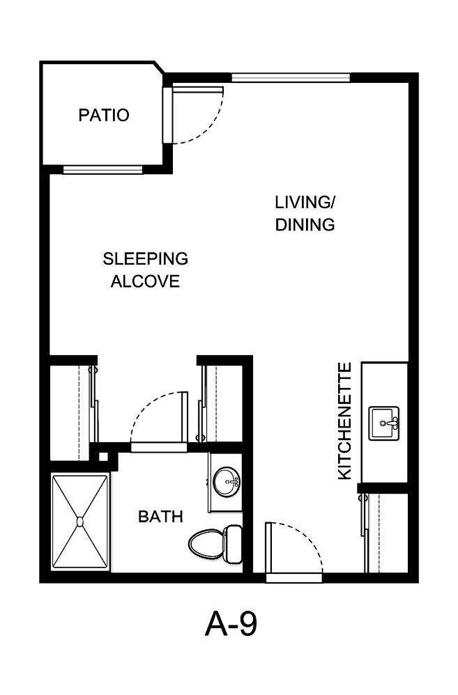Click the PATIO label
tap(104, 115)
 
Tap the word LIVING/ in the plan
tap(305, 203)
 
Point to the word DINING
tap(305, 225)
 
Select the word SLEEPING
tap(146, 259)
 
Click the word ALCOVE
tap(146, 281)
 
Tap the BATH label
tap(160, 517)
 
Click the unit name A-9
tap(231, 624)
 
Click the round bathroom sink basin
tap(226, 481)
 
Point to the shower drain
tap(80, 521)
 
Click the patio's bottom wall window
tap(102, 169)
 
